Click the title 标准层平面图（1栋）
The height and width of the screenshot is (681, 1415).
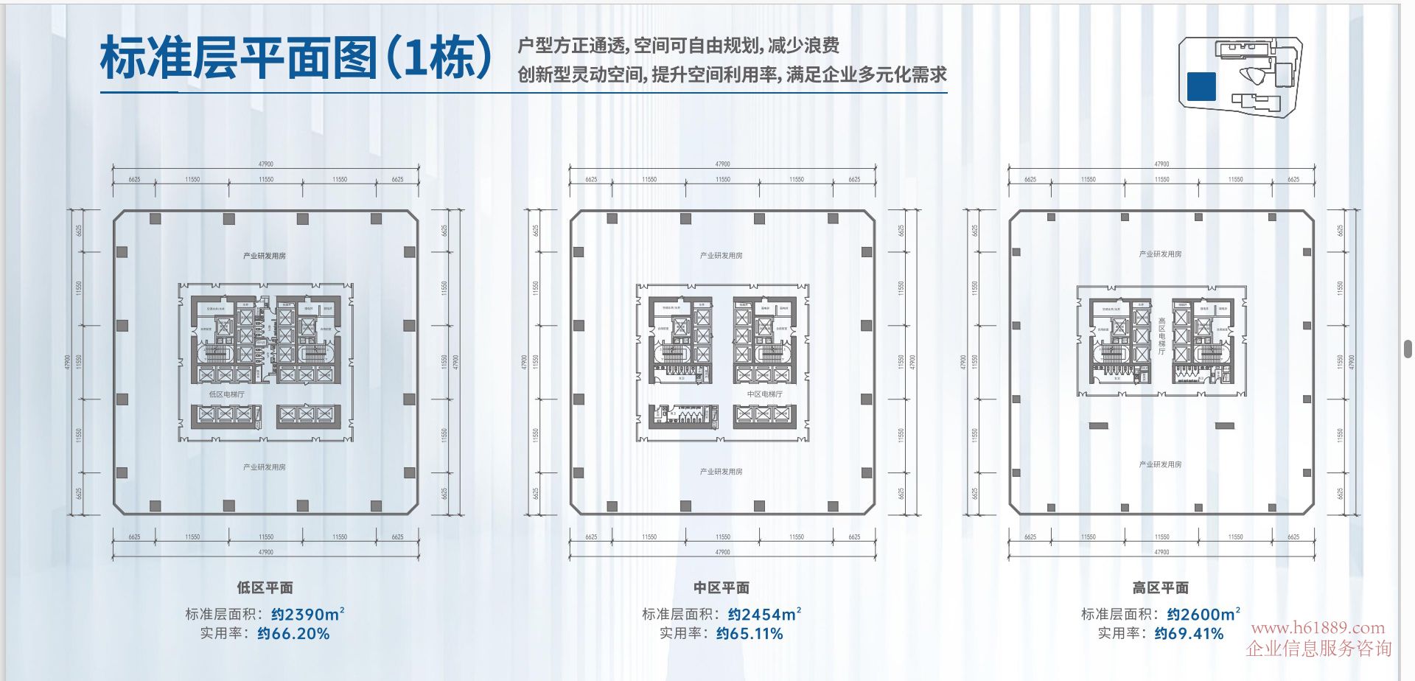[296, 57]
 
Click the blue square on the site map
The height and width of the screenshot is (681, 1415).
[1201, 86]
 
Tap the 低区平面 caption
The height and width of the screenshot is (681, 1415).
[265, 587]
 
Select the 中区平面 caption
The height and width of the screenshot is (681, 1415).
[722, 587]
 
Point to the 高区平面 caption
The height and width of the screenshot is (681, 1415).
[1161, 587]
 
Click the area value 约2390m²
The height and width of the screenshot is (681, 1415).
[307, 614]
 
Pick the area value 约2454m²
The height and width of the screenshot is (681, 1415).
[764, 614]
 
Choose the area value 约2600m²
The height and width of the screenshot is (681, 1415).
[1203, 614]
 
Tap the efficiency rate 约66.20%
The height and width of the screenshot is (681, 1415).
[293, 633]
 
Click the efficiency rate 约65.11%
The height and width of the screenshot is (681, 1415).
[750, 633]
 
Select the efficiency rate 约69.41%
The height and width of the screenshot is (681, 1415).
[1189, 633]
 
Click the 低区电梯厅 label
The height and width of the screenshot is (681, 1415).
[226, 394]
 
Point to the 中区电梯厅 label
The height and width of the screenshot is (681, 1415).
[764, 394]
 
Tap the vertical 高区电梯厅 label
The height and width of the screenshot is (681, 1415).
[1161, 336]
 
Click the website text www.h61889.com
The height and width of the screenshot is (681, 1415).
[1318, 628]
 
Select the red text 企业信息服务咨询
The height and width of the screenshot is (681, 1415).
[1318, 649]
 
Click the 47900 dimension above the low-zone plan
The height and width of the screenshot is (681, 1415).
[266, 164]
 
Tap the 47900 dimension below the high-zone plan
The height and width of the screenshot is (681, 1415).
[1161, 552]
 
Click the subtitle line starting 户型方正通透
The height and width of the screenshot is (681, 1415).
[678, 46]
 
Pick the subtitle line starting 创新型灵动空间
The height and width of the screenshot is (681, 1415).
[732, 74]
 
